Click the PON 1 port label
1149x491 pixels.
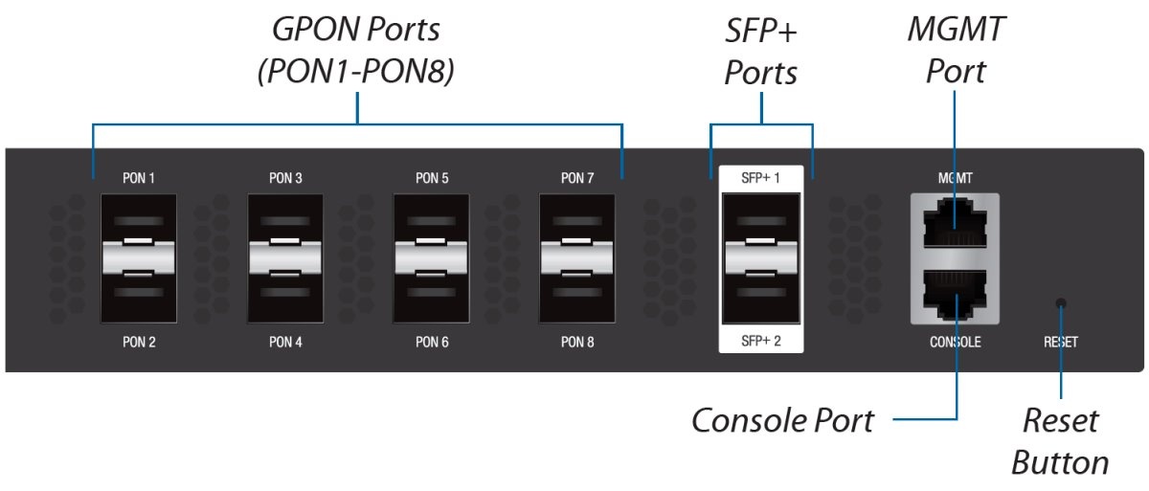tap(139, 178)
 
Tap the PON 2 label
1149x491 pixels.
tap(139, 342)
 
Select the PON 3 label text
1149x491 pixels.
tap(285, 178)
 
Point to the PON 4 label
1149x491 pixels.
tap(285, 342)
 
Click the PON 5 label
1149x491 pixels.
tap(431, 178)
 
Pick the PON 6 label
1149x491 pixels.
tap(431, 342)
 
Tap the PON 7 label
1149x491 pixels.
tap(577, 178)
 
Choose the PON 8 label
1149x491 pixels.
tap(577, 342)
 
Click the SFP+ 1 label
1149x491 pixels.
tap(761, 178)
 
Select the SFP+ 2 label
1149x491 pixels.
tap(761, 341)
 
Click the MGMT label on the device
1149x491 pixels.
tap(956, 178)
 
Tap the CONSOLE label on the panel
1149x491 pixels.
tap(956, 342)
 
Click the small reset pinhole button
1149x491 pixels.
tap(1060, 304)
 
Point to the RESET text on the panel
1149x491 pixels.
tap(1060, 342)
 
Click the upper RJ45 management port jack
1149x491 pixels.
tap(956, 224)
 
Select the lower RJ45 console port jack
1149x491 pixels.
tap(956, 294)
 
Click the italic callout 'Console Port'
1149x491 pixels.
tap(782, 419)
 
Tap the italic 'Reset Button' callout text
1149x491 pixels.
tap(1060, 441)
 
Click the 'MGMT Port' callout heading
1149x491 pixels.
tap(956, 50)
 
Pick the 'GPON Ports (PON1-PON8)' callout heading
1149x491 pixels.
tap(355, 50)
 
